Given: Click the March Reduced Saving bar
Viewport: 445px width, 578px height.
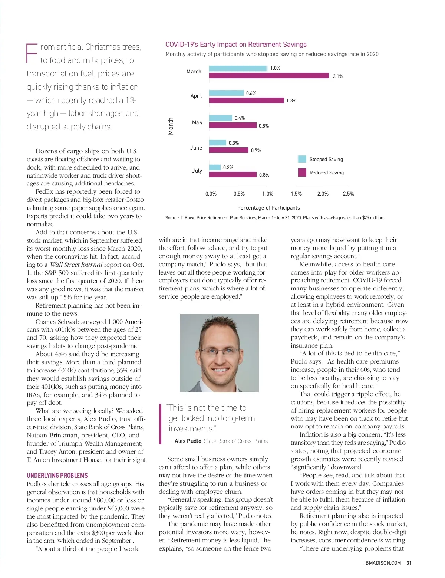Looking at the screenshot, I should pos(269,76).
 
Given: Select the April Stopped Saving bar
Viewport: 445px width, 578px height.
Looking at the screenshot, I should pos(226,93).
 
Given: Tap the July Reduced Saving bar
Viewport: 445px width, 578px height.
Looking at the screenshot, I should pos(233,174).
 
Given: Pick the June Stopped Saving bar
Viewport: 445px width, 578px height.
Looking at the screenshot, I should pos(218,143).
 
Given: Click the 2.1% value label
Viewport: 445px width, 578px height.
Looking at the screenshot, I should pos(338,76).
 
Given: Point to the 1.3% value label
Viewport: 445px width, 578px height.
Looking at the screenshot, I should pos(291,101).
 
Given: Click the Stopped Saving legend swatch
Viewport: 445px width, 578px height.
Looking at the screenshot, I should pos(302,159).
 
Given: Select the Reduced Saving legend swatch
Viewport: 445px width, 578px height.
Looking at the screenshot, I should pos(302,173).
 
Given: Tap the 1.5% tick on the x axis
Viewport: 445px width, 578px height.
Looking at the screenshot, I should pos(296,194).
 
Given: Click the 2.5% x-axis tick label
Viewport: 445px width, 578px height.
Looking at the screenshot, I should pos(348,194).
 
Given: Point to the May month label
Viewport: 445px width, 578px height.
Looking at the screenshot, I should pos(197,122).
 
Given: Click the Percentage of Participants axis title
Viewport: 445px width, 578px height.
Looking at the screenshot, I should pos(268,208).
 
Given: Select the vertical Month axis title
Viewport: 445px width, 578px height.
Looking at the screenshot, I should pos(171,126).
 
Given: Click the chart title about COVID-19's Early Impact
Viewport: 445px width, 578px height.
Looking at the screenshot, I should pos(236,45).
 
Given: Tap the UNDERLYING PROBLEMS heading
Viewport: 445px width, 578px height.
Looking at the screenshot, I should pos(57,476).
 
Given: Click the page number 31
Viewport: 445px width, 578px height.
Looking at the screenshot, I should pos(409,563).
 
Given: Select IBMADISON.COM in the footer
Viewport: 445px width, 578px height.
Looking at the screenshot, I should pos(383,563).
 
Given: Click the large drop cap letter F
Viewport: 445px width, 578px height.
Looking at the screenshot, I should pos(32,53).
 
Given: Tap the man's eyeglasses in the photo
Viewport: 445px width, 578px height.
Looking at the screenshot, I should pos(220,351).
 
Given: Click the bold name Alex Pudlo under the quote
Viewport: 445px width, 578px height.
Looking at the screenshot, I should pos(188,441).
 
